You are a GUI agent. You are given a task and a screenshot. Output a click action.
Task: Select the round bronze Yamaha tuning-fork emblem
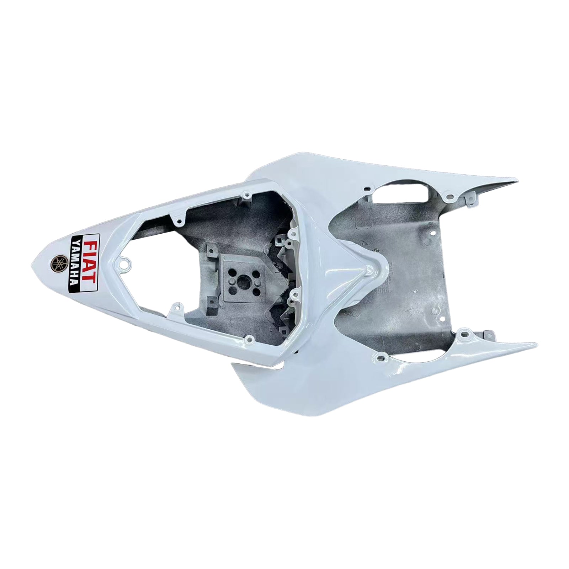click(x=58, y=263)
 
